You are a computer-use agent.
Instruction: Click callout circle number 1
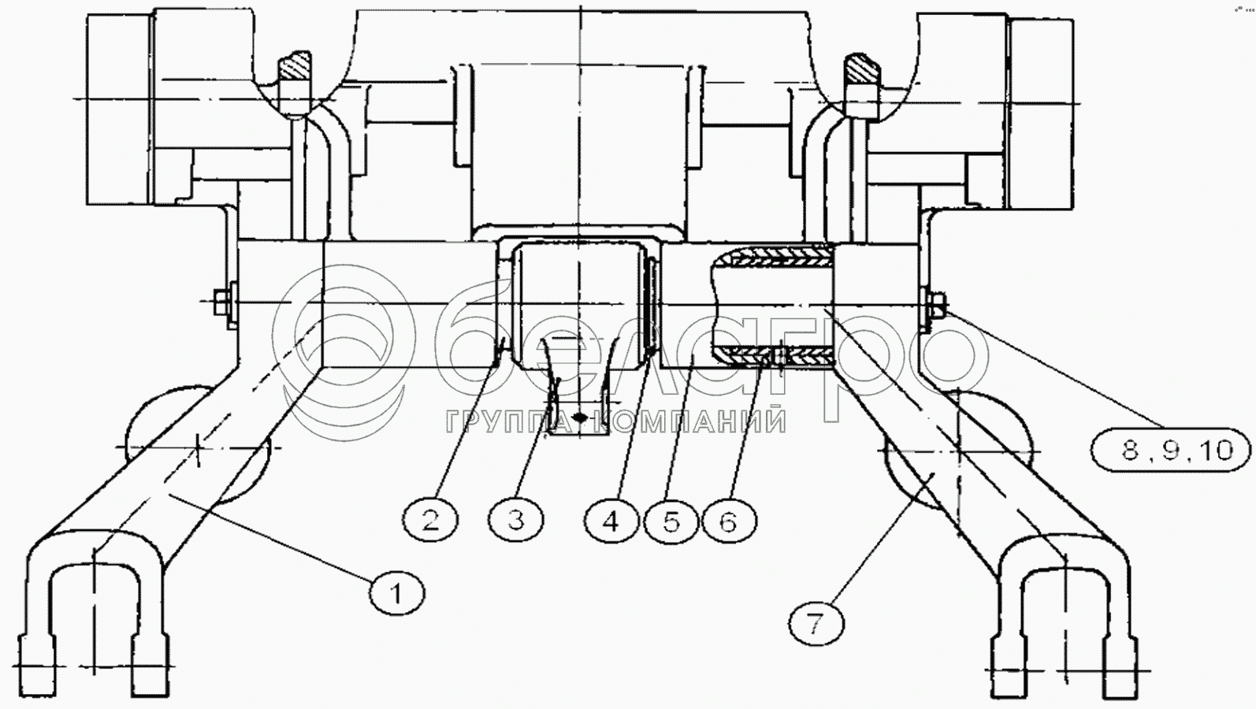[x=398, y=593]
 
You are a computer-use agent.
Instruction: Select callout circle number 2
[x=431, y=520]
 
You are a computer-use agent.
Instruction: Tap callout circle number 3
[x=516, y=520]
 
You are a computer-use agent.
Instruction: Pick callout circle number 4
[x=611, y=521]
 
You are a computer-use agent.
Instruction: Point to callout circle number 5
[x=671, y=521]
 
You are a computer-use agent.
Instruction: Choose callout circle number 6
[x=728, y=521]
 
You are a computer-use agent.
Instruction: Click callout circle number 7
[x=816, y=622]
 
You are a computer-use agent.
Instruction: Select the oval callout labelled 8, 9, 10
[x=1171, y=450]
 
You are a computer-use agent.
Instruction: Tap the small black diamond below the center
[x=581, y=418]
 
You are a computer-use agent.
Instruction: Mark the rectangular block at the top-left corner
[x=120, y=109]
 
